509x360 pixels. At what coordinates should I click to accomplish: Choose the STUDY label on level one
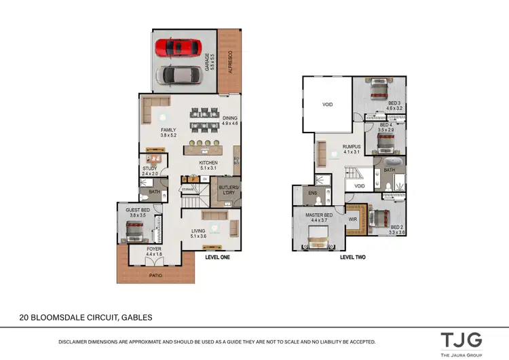tap(149, 169)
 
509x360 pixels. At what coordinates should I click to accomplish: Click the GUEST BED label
tap(138, 212)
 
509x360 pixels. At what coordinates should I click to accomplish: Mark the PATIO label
tap(156, 276)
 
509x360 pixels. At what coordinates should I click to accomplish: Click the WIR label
tap(352, 219)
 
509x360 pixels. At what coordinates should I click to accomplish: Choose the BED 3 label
tap(395, 104)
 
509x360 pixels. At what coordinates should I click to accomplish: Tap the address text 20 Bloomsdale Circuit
tap(85, 317)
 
